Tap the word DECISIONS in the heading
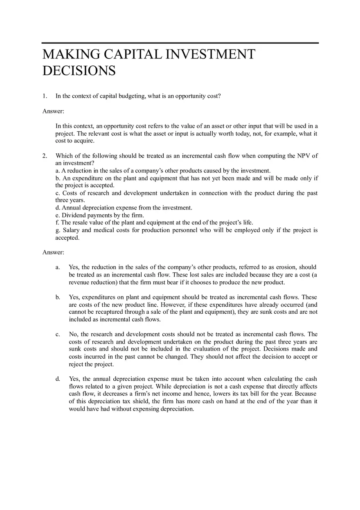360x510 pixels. pos(79,71)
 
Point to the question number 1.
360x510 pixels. pos(45,96)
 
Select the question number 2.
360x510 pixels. pos(45,156)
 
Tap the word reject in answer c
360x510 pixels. pos(76,364)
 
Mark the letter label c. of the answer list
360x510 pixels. pos(58,335)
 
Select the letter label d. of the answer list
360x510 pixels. pos(58,379)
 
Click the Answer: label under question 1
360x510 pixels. pos(53,111)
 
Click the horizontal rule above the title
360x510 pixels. pos(180,43)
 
